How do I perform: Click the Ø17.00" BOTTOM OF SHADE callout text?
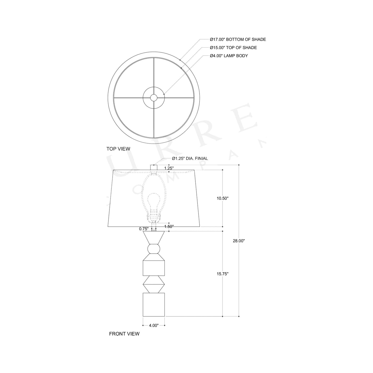click(238, 39)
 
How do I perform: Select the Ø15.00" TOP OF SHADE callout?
click(233, 48)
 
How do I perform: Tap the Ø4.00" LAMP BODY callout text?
click(229, 56)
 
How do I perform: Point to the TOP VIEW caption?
click(118, 149)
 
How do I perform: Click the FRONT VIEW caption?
click(124, 334)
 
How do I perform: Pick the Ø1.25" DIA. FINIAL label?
click(190, 158)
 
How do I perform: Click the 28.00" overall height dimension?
click(239, 241)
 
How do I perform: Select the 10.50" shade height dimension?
click(222, 198)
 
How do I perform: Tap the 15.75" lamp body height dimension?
click(222, 274)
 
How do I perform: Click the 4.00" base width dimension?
click(154, 326)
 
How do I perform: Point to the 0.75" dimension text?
click(144, 229)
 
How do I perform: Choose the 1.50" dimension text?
click(169, 226)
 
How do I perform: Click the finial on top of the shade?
click(154, 167)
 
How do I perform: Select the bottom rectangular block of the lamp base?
click(154, 304)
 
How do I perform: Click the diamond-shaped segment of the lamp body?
click(154, 284)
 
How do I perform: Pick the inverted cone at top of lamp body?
click(154, 237)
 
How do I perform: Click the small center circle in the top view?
click(154, 97)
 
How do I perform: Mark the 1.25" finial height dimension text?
click(169, 168)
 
